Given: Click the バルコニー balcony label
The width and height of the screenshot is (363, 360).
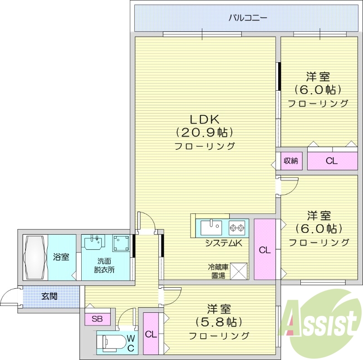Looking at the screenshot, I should point(247,18).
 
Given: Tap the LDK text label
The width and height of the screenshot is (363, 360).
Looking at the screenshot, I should point(205,119).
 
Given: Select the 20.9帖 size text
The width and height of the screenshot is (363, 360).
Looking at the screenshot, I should point(205,133).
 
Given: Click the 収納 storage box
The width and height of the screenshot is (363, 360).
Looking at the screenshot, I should point(291,161).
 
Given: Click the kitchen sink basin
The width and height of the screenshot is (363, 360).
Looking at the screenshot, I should point(211,227).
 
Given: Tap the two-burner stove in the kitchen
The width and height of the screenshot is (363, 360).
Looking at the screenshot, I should point(237,227).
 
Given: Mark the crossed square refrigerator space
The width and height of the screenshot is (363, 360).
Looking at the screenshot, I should point(239,271).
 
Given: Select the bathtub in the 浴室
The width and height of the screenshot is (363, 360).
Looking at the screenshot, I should point(35,257).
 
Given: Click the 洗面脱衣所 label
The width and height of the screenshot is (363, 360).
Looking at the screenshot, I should point(105,265).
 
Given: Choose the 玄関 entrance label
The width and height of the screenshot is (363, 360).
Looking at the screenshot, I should point(49,296).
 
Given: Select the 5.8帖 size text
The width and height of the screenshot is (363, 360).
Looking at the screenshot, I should point(219,322).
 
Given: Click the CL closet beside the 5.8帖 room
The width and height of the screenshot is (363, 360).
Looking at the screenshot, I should point(151,334).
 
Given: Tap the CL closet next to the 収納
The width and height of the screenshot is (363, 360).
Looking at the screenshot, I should point(332,161).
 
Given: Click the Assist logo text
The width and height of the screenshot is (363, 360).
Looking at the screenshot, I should point(320,324).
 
